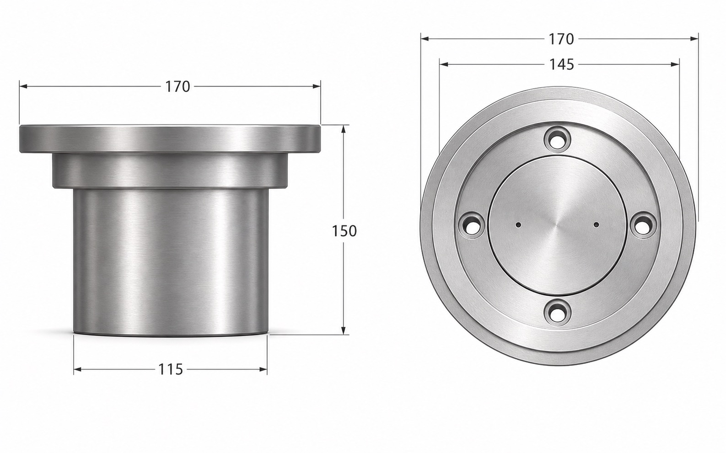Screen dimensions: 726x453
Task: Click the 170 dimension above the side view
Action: coord(177,86)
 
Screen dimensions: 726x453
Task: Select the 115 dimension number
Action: coord(171,369)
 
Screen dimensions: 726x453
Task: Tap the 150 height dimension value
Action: coord(344,231)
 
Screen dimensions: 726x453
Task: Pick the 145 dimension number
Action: coord(562,65)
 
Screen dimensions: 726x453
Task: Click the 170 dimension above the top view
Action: coord(561,39)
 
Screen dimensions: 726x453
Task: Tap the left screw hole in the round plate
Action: coord(471,225)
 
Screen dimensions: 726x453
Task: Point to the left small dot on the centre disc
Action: coord(519,225)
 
